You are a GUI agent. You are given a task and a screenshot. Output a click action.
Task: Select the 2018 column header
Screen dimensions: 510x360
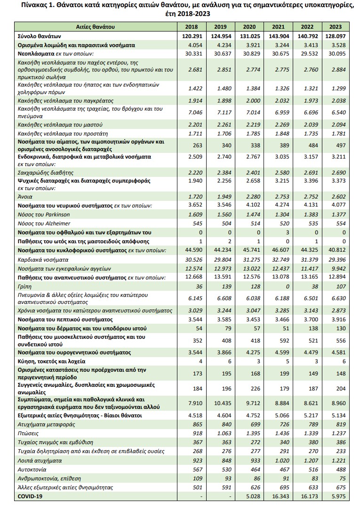tap(191, 27)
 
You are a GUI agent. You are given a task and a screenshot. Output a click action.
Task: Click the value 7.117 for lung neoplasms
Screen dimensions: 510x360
tap(220, 112)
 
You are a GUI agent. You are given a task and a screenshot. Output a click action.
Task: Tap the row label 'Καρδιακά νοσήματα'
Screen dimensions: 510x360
tap(42, 259)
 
